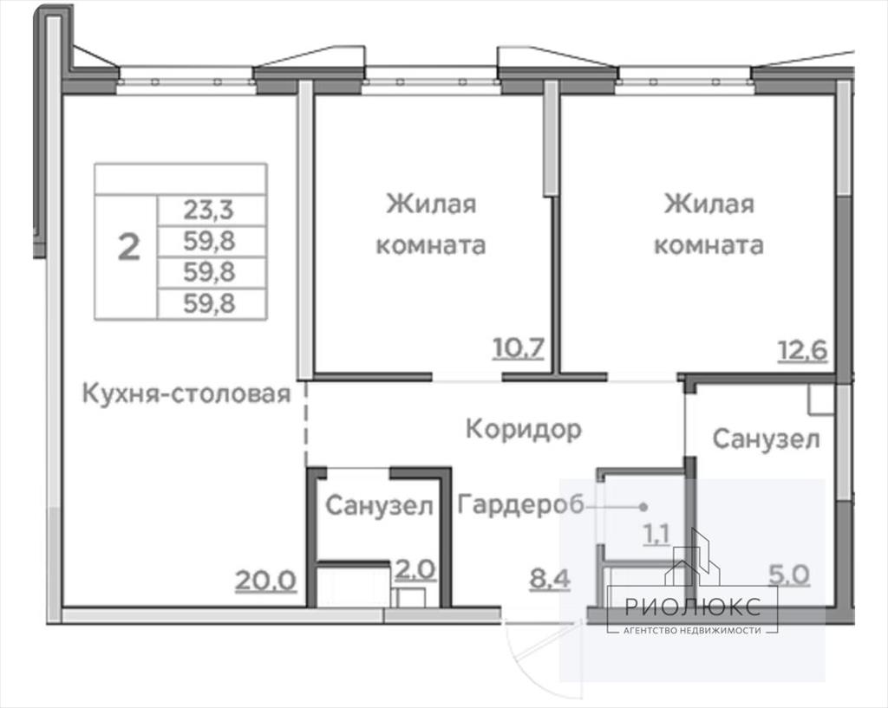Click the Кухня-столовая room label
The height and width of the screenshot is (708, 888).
[x=186, y=393]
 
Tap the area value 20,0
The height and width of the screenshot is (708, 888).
[x=265, y=580]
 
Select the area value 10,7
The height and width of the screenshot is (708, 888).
[x=519, y=348]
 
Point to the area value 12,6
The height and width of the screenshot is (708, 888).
[x=803, y=351]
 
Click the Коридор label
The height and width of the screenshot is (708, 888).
[x=523, y=430]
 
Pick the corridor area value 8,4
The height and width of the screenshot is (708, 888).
[x=549, y=579]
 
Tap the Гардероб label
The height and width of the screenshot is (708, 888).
[x=520, y=505]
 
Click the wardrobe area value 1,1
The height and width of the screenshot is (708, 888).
[x=656, y=534]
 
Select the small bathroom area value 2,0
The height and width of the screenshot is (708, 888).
[x=415, y=570]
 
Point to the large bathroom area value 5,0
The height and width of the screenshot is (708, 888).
[x=789, y=575]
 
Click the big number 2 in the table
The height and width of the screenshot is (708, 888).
[x=128, y=247]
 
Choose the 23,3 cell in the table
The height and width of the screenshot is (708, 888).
[x=208, y=211]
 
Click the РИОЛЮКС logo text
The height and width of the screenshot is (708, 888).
[x=693, y=607]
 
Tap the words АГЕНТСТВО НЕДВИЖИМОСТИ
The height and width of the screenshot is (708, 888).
[x=692, y=630]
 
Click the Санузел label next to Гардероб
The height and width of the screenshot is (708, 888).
[x=379, y=505]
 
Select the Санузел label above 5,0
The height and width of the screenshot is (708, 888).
[x=766, y=438]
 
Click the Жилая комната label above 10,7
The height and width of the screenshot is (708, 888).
[x=431, y=224]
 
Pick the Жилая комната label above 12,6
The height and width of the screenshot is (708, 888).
[x=709, y=224]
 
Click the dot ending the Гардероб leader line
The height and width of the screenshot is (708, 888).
[x=643, y=507]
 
